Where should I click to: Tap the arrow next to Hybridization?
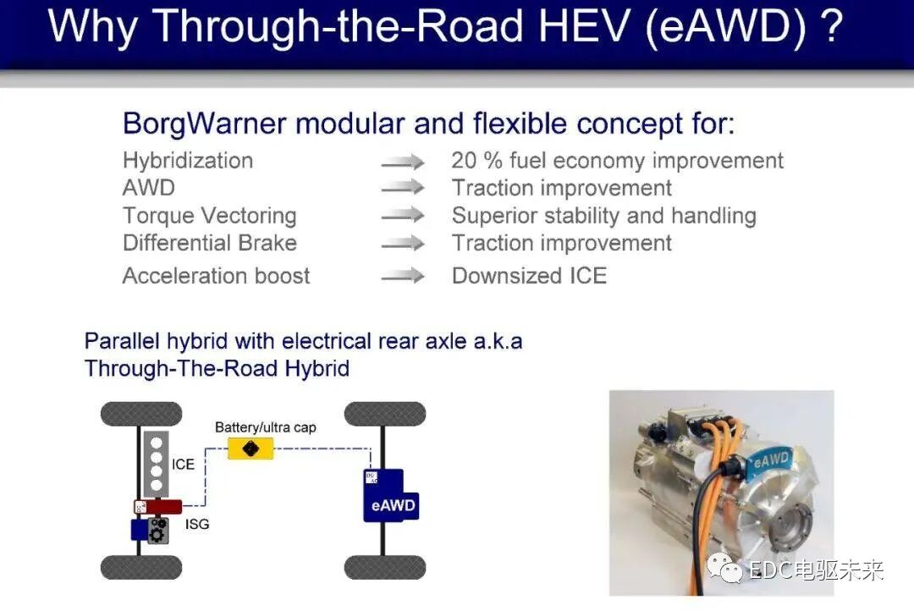(x=403, y=162)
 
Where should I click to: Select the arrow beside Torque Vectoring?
(x=403, y=216)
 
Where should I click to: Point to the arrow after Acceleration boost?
(x=403, y=276)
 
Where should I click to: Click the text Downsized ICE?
(x=529, y=276)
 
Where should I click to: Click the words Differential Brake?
(x=209, y=244)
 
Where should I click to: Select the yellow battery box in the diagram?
(x=251, y=449)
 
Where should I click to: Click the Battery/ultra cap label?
(x=265, y=427)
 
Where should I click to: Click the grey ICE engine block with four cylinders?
(x=156, y=462)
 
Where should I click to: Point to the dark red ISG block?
(x=165, y=507)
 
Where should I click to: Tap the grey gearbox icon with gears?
(x=157, y=531)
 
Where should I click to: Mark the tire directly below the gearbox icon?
(x=141, y=567)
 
